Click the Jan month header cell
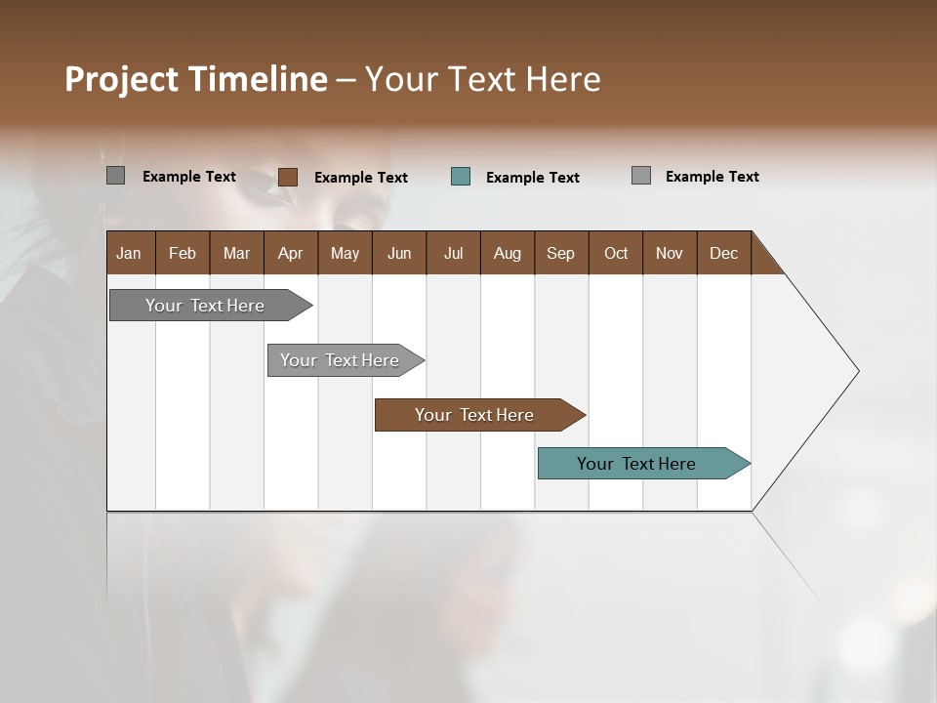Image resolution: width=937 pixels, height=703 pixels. point(130,253)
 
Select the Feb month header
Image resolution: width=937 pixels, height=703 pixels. point(183,253)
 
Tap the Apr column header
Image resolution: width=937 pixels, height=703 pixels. point(291,253)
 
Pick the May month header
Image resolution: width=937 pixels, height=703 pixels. point(345,253)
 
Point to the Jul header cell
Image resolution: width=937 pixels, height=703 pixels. point(453,253)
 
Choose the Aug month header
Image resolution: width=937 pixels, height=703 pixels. point(508,253)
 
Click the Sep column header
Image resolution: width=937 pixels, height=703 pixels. point(561,253)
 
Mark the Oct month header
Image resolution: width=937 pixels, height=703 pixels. point(616,253)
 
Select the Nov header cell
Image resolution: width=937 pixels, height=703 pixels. point(670,253)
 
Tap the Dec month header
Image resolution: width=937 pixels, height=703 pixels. point(724,253)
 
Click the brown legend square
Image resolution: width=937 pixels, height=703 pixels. point(288,177)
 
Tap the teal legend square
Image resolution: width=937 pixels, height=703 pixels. point(461,177)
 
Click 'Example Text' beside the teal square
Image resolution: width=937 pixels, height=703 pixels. point(533,178)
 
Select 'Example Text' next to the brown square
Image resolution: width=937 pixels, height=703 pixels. point(361,178)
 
